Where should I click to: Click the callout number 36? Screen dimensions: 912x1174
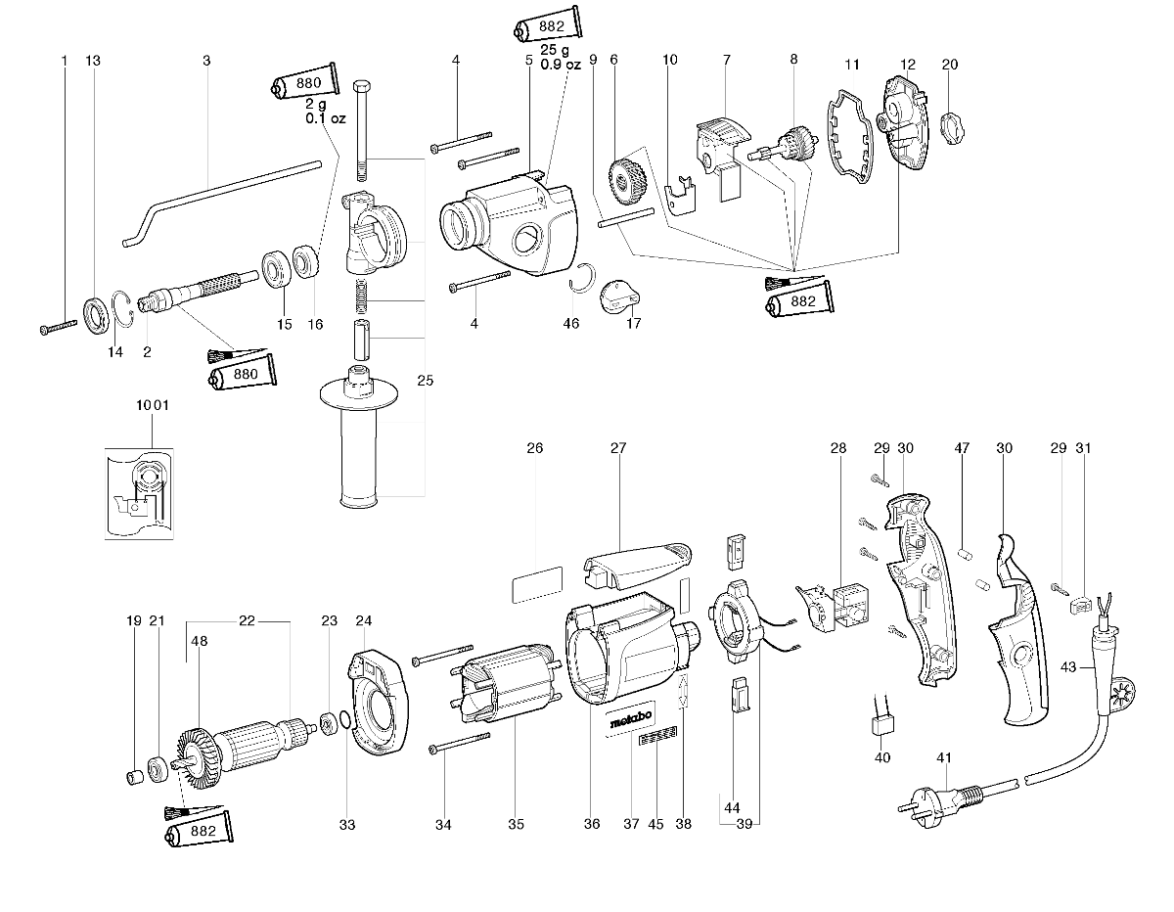[591, 824]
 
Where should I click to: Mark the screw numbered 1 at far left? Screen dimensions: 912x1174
[59, 327]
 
